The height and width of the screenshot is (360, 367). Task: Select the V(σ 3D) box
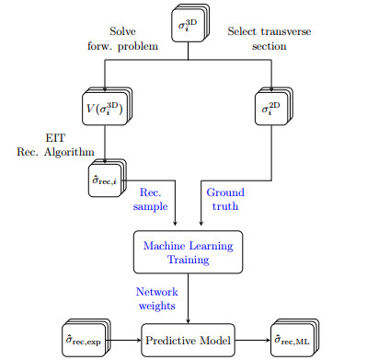coord(105,110)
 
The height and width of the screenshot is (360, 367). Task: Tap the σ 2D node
coord(269,110)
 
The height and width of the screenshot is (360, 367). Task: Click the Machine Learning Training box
coord(188,252)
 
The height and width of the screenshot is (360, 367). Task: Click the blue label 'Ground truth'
coord(225,200)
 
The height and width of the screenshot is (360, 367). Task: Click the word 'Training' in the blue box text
coord(188,260)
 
